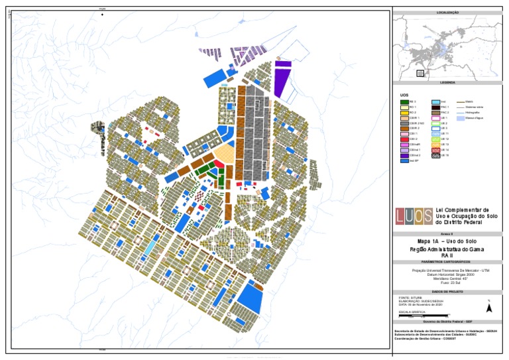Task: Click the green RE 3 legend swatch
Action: [x=404, y=101]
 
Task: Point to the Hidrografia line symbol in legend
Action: [x=461, y=112]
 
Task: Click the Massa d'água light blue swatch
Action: [x=461, y=118]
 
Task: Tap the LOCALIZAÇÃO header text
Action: [x=448, y=12]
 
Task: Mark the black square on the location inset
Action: [x=419, y=73]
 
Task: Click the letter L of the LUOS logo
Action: [x=401, y=215]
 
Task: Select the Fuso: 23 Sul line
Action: [x=448, y=284]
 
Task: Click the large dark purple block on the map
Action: [x=282, y=80]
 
